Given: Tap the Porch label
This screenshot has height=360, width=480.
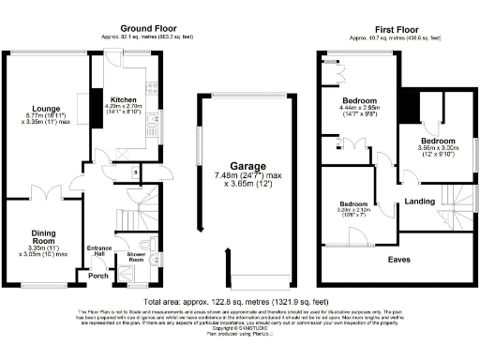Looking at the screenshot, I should [97, 276].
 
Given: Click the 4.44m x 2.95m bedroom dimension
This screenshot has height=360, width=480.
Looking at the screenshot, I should [359, 111].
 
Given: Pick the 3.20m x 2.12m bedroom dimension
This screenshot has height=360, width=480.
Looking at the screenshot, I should [355, 211].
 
